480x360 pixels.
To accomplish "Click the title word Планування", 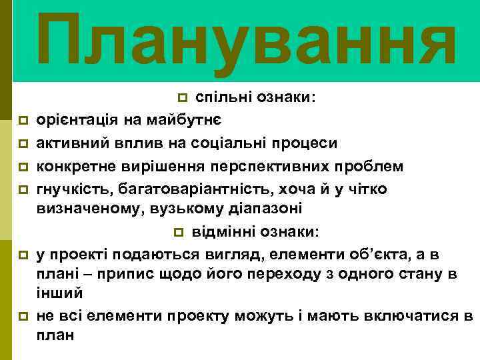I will click(x=247, y=41).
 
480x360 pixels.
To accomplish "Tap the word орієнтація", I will click(x=73, y=121).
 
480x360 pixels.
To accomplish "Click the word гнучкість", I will click(x=71, y=187).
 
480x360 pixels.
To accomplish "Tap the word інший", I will click(x=59, y=292).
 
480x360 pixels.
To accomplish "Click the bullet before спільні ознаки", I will click(x=184, y=99).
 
